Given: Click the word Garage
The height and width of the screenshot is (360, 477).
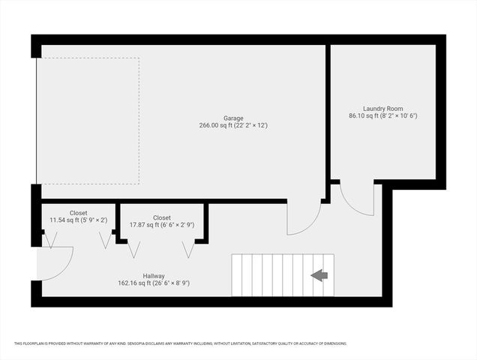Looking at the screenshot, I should point(233,118).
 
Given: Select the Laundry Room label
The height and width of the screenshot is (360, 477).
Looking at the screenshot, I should point(382,108).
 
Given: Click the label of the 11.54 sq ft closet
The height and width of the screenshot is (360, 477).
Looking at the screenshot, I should point(79,212).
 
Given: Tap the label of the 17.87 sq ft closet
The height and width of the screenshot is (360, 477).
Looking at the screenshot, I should point(161,217).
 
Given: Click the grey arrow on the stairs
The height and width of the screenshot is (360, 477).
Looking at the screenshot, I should point(319,275).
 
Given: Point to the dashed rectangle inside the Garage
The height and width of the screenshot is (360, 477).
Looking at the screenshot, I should point(88,121).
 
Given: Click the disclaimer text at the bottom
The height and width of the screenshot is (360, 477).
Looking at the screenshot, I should point(180,343).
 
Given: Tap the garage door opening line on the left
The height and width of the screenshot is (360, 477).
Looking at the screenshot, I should point(37,121).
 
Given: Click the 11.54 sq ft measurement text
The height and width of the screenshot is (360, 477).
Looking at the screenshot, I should point(79,220).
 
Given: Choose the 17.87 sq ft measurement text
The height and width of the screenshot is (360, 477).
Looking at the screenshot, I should point(161,225).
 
